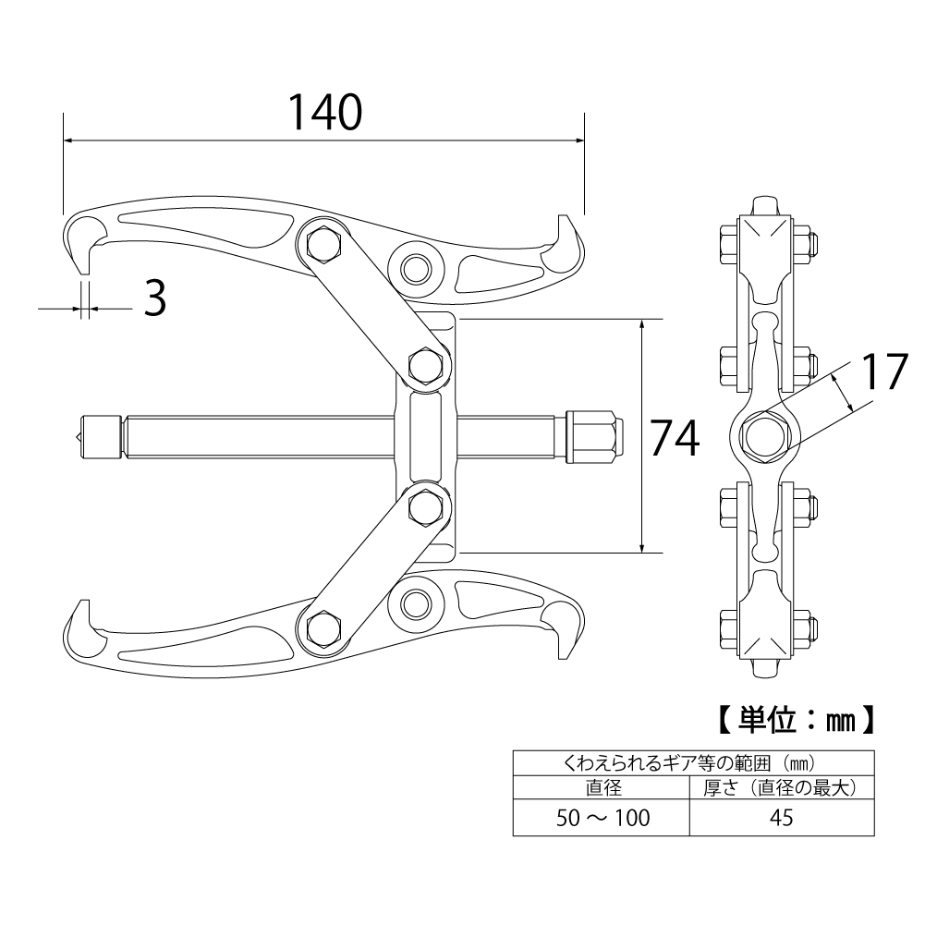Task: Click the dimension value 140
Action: [323, 113]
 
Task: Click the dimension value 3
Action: [156, 298]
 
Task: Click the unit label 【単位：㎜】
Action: [797, 718]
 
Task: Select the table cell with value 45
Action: [782, 817]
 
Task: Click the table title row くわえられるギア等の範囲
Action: [693, 764]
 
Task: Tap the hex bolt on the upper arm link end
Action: [322, 244]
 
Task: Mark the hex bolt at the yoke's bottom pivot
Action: [426, 506]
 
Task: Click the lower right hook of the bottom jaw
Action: [566, 632]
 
